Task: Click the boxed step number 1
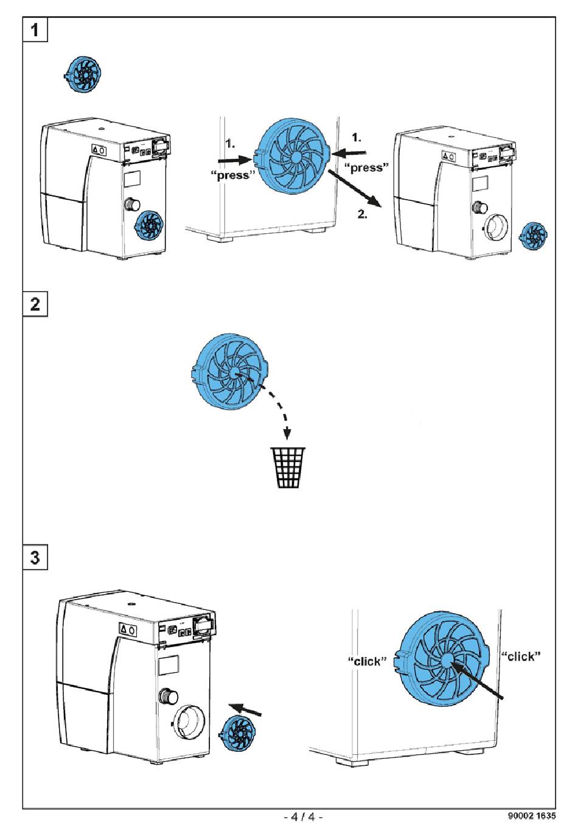(x=35, y=29)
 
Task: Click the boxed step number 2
(x=35, y=303)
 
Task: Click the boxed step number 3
(x=35, y=556)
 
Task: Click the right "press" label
(x=367, y=167)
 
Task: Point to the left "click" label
(x=367, y=661)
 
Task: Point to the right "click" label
(x=521, y=656)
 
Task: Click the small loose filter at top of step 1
(x=82, y=75)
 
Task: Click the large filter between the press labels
(x=295, y=157)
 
